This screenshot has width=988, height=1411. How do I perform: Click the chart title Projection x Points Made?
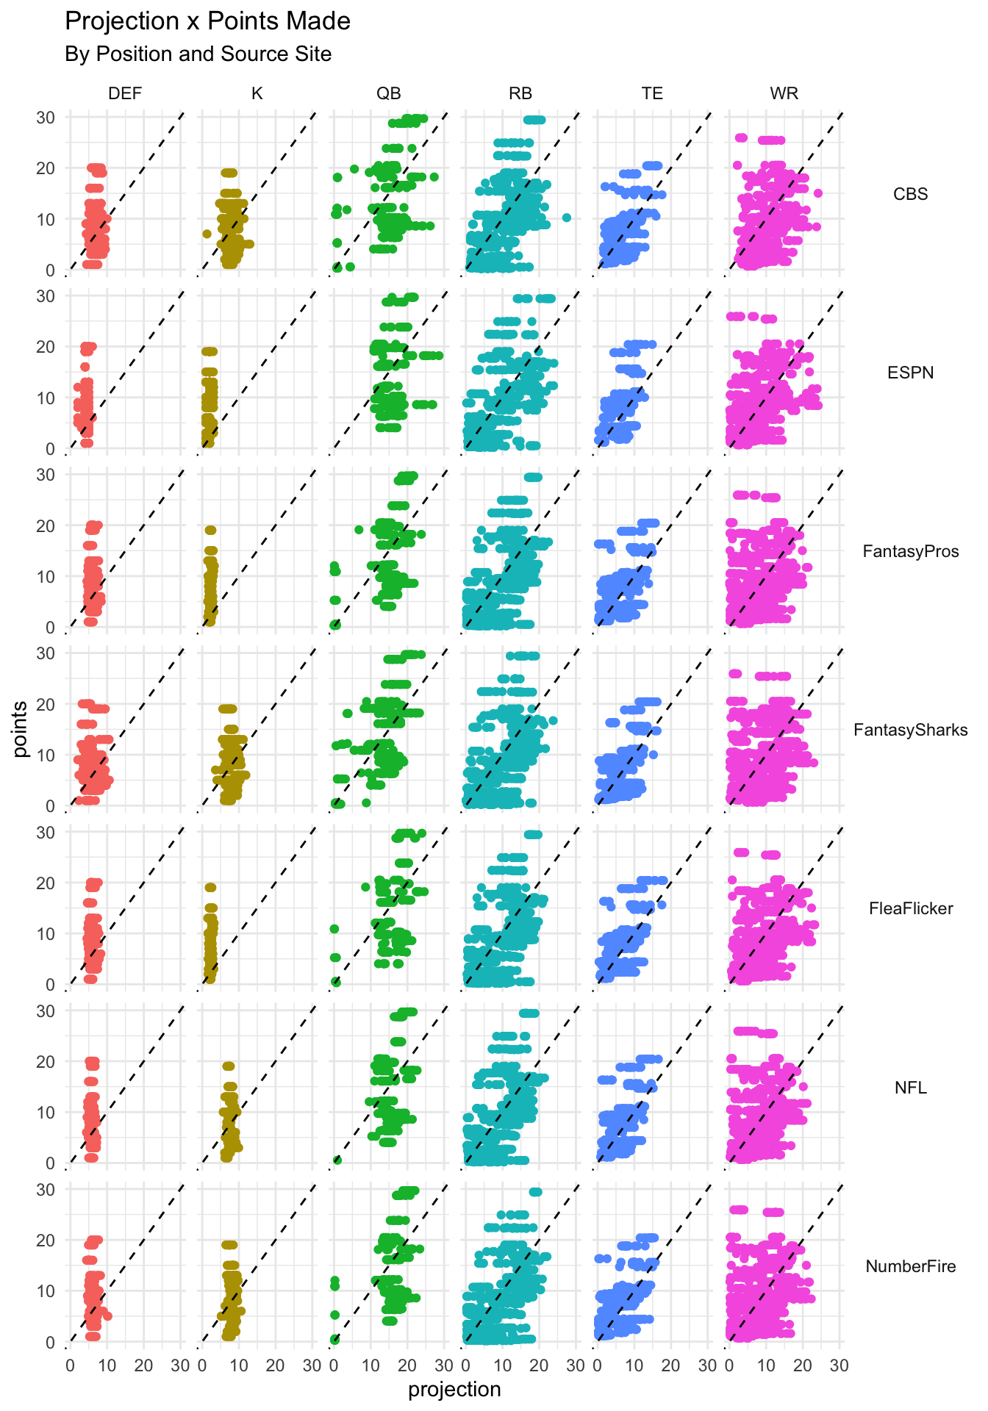207,21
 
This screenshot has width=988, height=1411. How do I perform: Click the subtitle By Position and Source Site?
198,54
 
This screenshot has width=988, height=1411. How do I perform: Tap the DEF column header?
125,93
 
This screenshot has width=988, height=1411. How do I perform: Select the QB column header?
389,93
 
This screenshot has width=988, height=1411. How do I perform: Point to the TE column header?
652,93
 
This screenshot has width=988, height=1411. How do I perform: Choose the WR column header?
784,93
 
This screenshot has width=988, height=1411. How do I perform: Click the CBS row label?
910,194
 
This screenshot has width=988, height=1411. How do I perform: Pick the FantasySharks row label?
910,730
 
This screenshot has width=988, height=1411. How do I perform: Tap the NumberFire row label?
910,1266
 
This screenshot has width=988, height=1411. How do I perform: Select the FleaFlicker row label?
910,908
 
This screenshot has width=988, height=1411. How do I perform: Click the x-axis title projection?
454,1390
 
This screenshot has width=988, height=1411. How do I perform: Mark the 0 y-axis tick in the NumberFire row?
50,1343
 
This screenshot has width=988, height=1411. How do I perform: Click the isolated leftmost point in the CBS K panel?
207,234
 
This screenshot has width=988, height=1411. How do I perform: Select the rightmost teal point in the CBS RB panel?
567,218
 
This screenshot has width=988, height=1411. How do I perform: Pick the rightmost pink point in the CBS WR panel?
818,193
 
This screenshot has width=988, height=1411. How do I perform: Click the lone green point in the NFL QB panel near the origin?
337,1160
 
